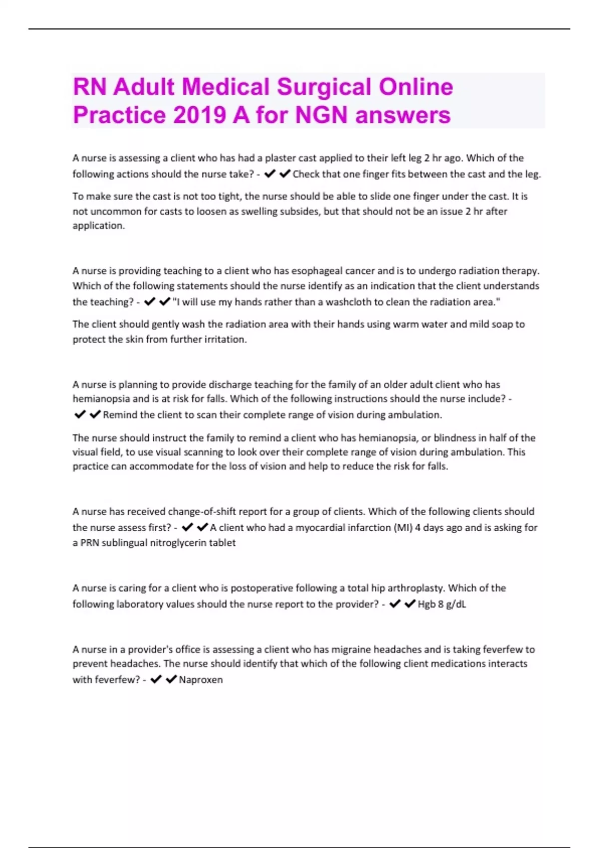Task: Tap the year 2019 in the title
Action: coord(199,115)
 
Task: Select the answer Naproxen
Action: coord(201,679)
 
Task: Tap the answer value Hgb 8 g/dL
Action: coord(442,604)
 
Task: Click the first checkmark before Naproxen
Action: coord(156,679)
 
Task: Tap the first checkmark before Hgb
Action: coord(395,604)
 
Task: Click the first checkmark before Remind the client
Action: coord(79,415)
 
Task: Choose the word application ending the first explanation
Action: coord(98,225)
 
